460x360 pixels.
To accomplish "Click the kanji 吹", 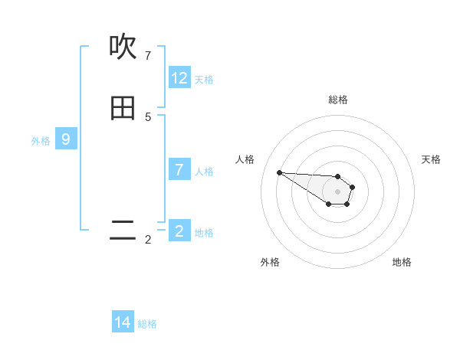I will (123, 47).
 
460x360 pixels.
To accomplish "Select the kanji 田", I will (123, 109).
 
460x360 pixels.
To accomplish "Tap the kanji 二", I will (123, 231).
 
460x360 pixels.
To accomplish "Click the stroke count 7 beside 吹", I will (148, 55).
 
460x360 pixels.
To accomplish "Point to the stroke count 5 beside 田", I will (148, 117).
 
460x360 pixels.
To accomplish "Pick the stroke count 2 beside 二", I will (148, 240).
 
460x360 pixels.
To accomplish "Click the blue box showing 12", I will (179, 78).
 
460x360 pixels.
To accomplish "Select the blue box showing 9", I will (66, 139).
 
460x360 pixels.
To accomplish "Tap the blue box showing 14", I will (123, 322).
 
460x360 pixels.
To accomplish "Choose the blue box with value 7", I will (179, 170).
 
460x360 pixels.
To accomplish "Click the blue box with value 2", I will (179, 231).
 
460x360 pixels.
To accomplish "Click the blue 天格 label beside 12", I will (204, 80).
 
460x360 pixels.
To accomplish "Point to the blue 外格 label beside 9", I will (41, 141).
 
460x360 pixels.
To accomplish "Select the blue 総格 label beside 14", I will (147, 324).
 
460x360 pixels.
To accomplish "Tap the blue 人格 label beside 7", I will (204, 172).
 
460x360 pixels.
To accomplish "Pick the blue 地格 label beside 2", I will (204, 233).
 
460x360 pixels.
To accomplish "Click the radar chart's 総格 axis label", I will (338, 100).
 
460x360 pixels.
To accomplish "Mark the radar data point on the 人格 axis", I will (279, 172).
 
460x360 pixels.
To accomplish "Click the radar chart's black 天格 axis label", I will (431, 159).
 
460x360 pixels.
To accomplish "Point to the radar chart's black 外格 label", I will (270, 262).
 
